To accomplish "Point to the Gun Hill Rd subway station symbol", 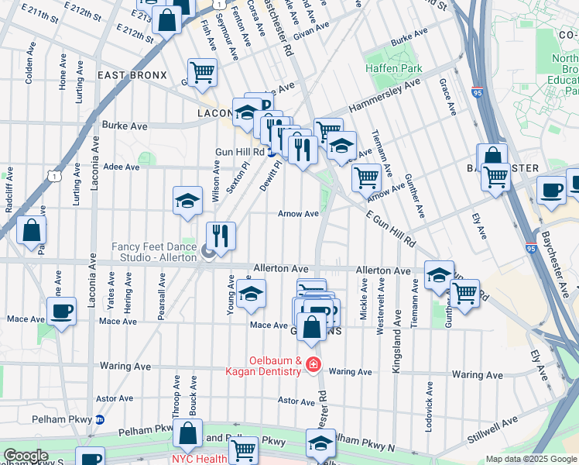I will (x=272, y=152).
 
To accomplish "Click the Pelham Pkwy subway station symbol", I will (x=99, y=419).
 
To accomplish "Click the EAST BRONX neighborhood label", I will (x=132, y=74).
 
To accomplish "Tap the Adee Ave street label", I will (x=122, y=167).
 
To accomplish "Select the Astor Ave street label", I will (x=296, y=400).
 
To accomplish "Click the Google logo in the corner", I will (x=26, y=456).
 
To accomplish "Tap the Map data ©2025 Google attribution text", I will (x=531, y=459).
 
